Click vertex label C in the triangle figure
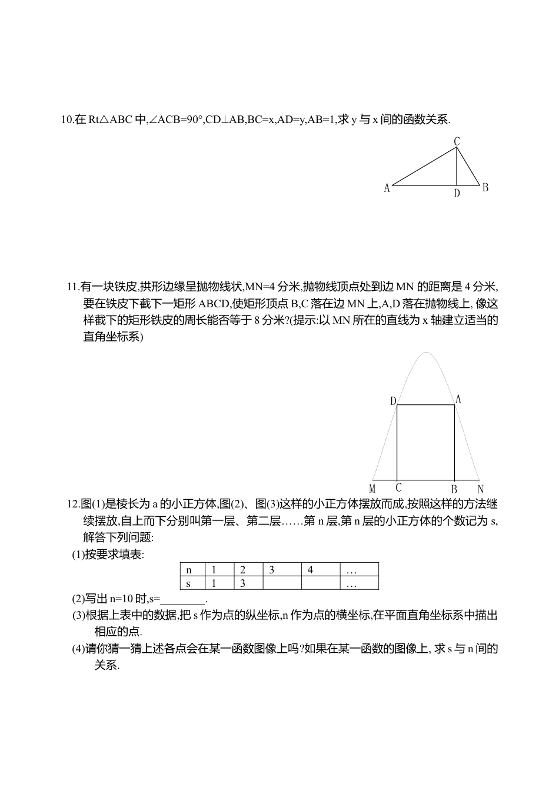tap(457, 141)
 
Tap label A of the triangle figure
tap(387, 188)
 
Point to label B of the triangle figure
tap(485, 188)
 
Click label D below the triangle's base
tap(457, 193)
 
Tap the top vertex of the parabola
tap(425, 353)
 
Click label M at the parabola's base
tap(372, 489)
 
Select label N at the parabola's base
tap(481, 489)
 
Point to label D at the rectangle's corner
tap(393, 401)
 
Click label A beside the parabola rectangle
tap(458, 400)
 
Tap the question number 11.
tap(72, 287)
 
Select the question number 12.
tap(72, 504)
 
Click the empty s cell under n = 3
tap(282, 583)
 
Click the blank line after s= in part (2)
tap(183, 599)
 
